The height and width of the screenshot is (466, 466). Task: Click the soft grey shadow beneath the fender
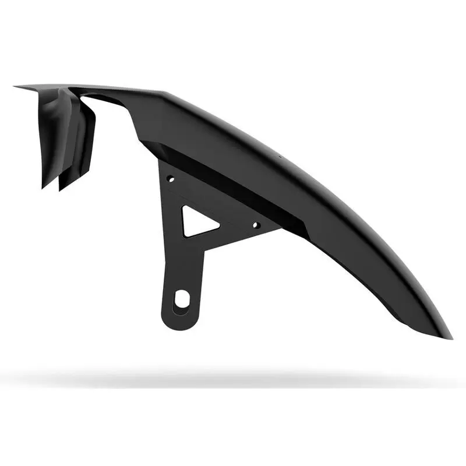[x=233, y=379]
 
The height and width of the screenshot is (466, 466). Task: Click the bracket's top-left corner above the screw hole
[x=161, y=163]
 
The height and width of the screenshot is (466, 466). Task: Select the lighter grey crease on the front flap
[x=58, y=116]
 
